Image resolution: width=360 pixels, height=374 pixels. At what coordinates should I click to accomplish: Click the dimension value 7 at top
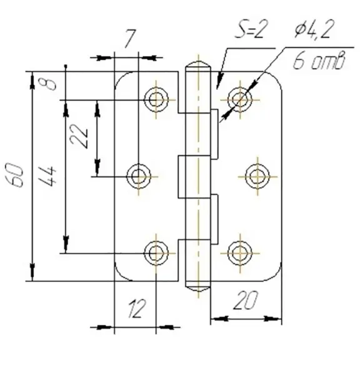click(x=130, y=39)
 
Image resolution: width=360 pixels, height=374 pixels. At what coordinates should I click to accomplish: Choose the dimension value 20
click(x=246, y=300)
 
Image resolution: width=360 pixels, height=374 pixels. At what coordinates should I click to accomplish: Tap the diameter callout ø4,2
click(x=313, y=29)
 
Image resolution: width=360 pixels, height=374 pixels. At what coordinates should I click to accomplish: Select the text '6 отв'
click(x=319, y=61)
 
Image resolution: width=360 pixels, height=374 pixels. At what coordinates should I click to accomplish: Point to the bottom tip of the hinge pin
click(x=198, y=290)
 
